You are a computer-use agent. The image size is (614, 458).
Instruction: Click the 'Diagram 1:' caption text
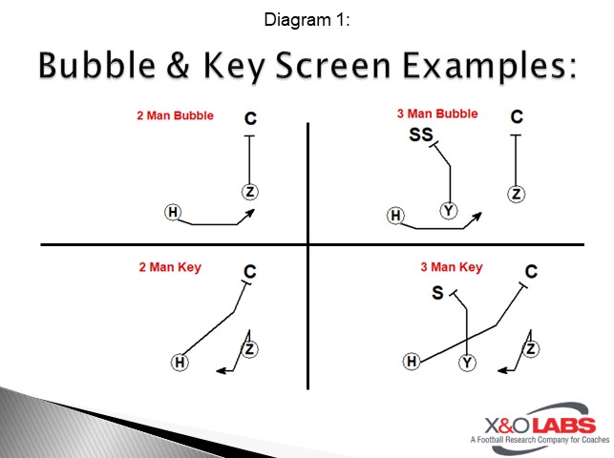pyautogui.click(x=307, y=19)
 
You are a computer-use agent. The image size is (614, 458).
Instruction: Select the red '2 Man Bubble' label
pyautogui.click(x=175, y=116)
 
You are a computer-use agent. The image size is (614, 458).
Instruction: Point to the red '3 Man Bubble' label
pyautogui.click(x=437, y=114)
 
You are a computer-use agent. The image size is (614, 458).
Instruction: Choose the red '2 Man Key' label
pyautogui.click(x=170, y=268)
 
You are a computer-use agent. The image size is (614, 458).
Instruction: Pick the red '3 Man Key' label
pyautogui.click(x=452, y=267)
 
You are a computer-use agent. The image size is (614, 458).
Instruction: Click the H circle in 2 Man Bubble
pyautogui.click(x=173, y=212)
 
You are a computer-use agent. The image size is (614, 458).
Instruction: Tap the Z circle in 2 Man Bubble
pyautogui.click(x=250, y=192)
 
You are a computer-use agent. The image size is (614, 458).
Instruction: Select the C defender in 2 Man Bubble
pyautogui.click(x=250, y=118)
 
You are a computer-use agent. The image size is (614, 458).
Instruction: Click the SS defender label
pyautogui.click(x=420, y=135)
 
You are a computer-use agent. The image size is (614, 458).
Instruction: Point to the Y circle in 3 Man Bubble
pyautogui.click(x=447, y=210)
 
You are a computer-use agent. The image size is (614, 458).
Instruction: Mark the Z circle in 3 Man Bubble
pyautogui.click(x=517, y=194)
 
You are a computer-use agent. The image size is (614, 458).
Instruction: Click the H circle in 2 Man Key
pyautogui.click(x=179, y=362)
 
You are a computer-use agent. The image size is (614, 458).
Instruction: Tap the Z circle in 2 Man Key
pyautogui.click(x=249, y=349)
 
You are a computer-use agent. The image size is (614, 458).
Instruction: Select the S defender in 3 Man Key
pyautogui.click(x=438, y=293)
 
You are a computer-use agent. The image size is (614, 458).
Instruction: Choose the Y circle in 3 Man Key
pyautogui.click(x=467, y=363)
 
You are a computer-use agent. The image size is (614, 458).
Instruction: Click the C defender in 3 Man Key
pyautogui.click(x=531, y=272)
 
